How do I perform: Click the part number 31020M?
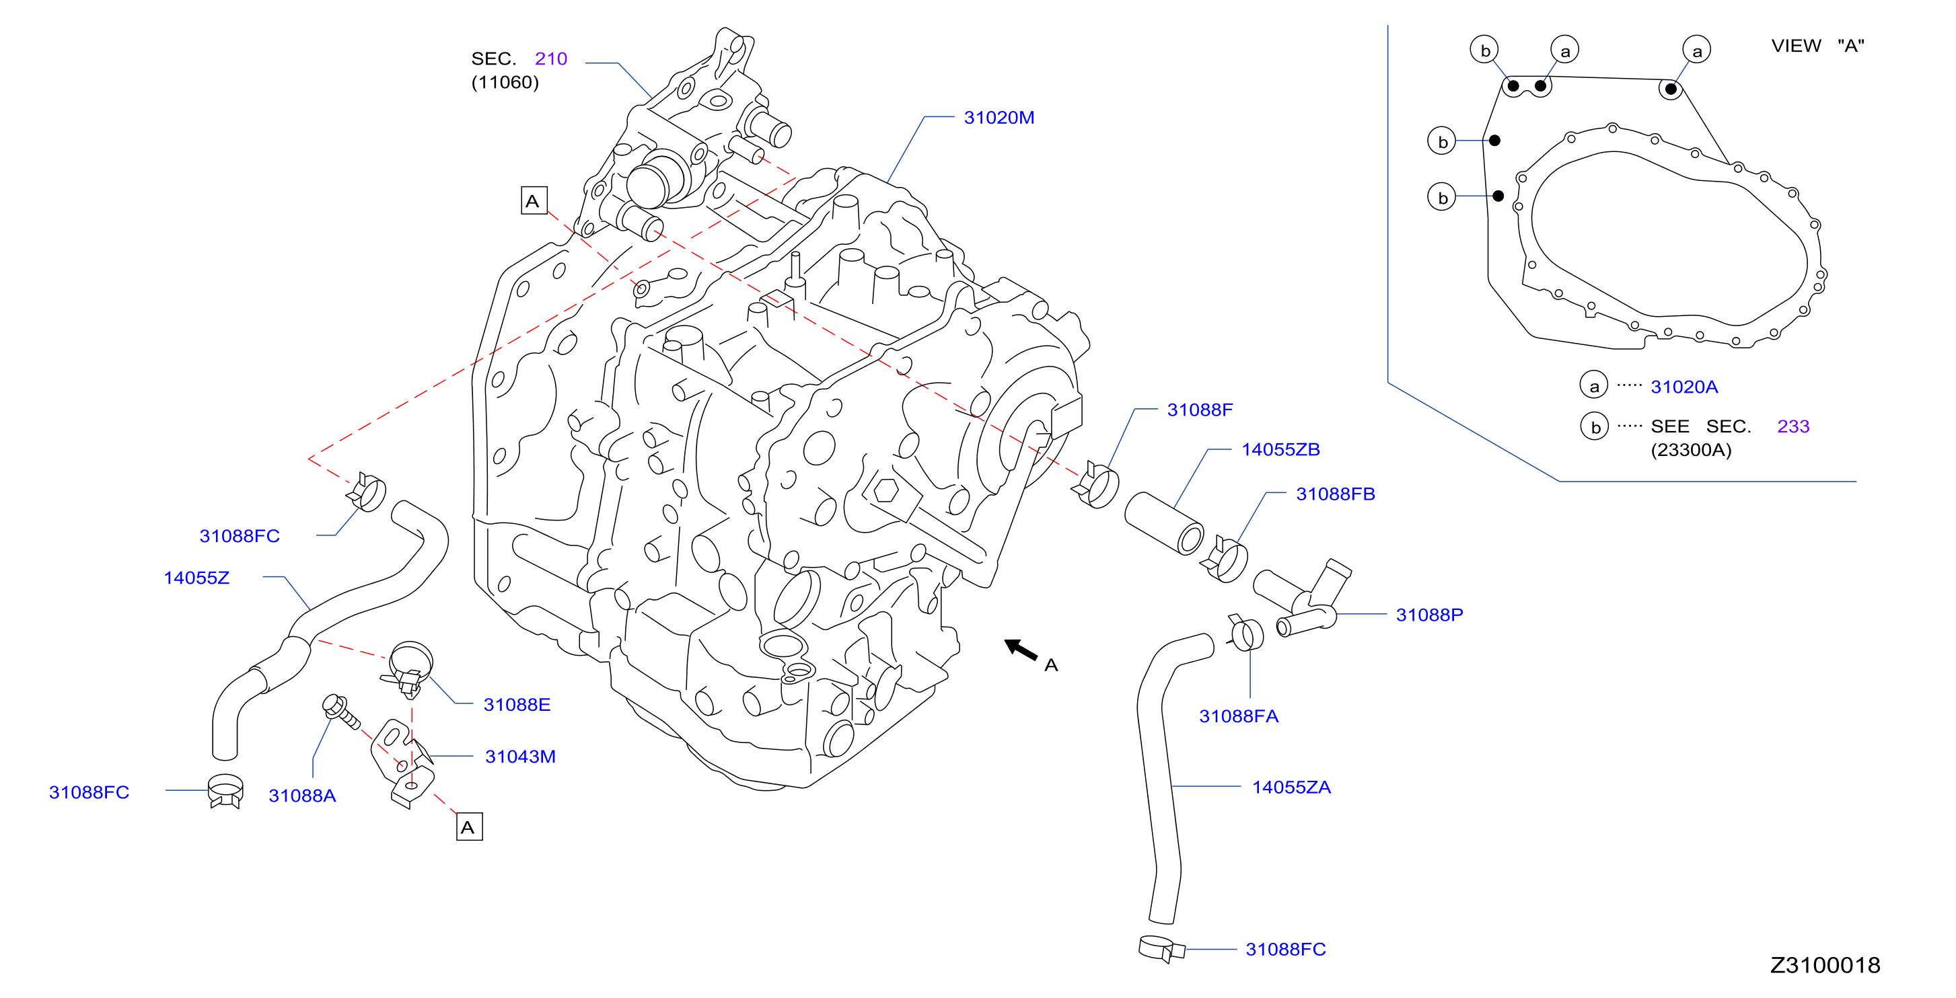click(x=999, y=118)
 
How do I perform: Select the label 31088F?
click(x=1200, y=410)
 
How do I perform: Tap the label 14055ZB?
click(x=1280, y=449)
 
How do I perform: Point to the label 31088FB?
click(x=1335, y=494)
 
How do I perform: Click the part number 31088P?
click(x=1429, y=615)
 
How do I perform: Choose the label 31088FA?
click(x=1239, y=716)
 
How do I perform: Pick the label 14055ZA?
click(x=1291, y=787)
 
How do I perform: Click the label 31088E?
click(x=517, y=704)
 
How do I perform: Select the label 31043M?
click(x=520, y=757)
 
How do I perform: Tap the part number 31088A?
click(x=302, y=796)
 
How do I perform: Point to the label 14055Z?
click(x=196, y=578)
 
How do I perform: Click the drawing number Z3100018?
click(x=1825, y=964)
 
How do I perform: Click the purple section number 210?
click(x=550, y=59)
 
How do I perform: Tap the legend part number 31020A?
click(x=1683, y=387)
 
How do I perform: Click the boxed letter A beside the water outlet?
click(x=534, y=200)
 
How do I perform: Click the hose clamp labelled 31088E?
click(x=410, y=668)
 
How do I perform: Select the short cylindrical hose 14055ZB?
click(x=1163, y=523)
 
